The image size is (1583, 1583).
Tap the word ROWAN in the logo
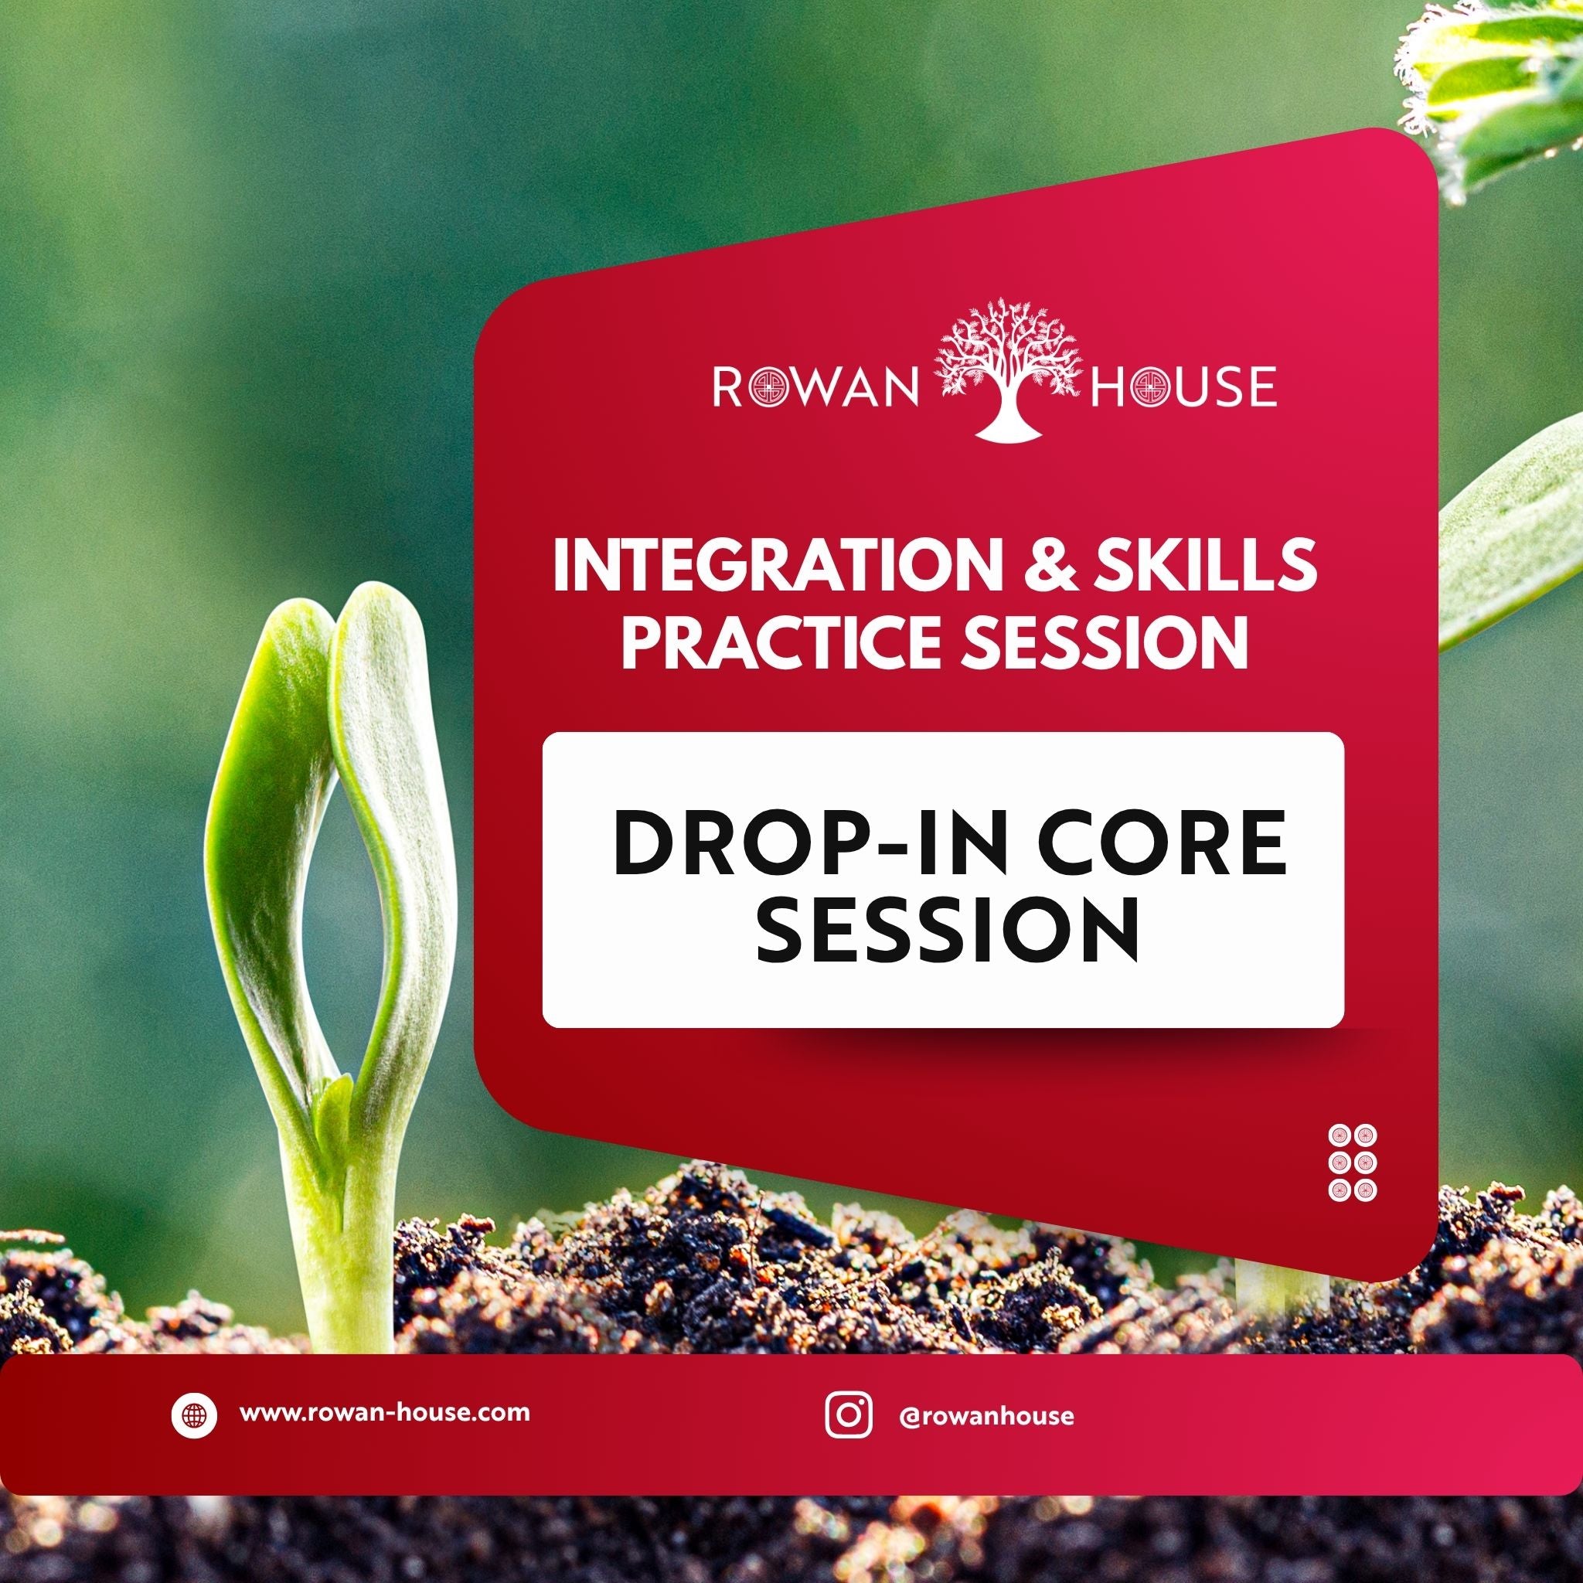coord(815,388)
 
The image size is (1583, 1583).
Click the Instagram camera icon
coord(848,1415)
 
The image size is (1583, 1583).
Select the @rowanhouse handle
coord(986,1416)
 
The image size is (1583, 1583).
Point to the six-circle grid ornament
coord(1352,1163)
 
